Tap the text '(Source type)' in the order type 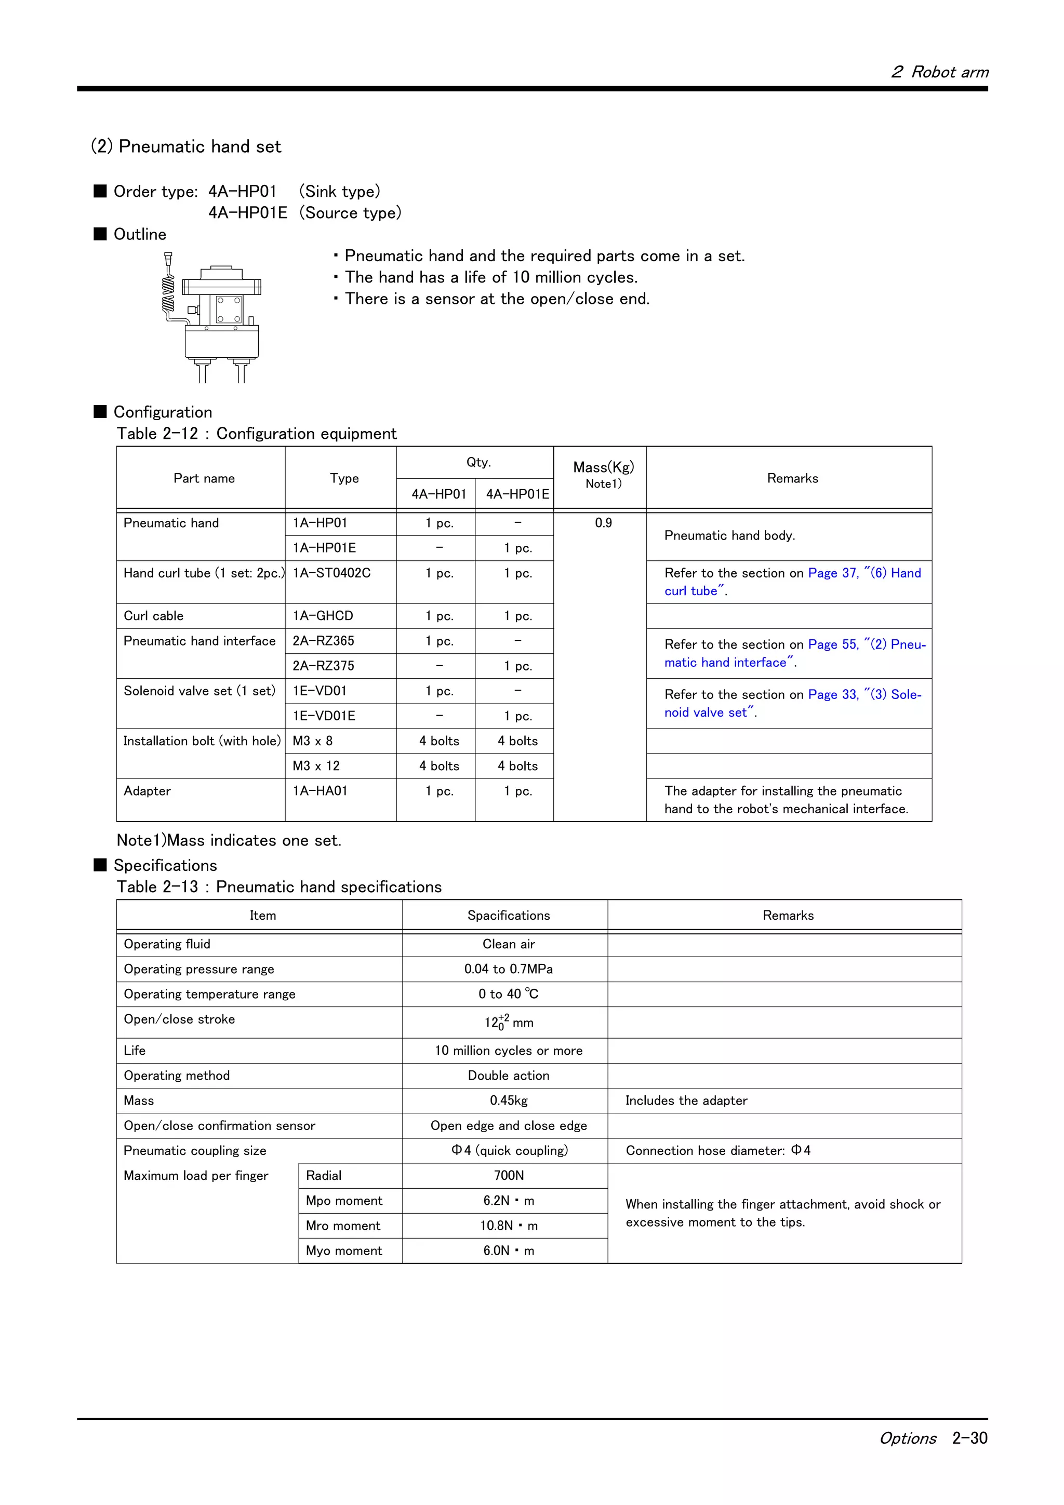350,213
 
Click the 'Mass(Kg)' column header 603,467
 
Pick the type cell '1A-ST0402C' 332,573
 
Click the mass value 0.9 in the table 603,523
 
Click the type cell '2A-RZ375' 323,666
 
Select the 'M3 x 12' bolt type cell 316,765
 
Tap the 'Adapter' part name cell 148,791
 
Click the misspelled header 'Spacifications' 508,916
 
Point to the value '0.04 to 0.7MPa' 508,969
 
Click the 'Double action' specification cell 508,1076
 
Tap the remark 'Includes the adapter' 686,1100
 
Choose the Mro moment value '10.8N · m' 508,1226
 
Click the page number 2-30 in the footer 969,1438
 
